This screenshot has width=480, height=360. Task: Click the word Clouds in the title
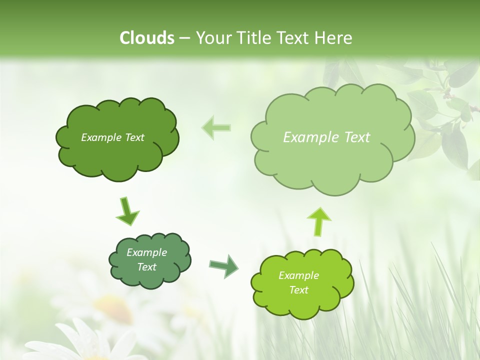(x=146, y=38)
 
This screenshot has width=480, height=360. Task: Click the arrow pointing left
(x=216, y=127)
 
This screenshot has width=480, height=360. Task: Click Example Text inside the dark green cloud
(x=112, y=137)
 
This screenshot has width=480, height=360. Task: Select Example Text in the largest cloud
(x=326, y=137)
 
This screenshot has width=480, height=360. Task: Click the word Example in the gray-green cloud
(x=146, y=252)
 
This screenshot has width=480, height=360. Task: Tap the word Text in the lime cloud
(x=298, y=290)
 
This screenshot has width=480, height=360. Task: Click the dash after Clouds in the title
(x=184, y=38)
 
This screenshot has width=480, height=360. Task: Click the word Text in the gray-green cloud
(x=146, y=267)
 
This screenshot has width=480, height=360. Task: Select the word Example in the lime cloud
(x=298, y=275)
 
